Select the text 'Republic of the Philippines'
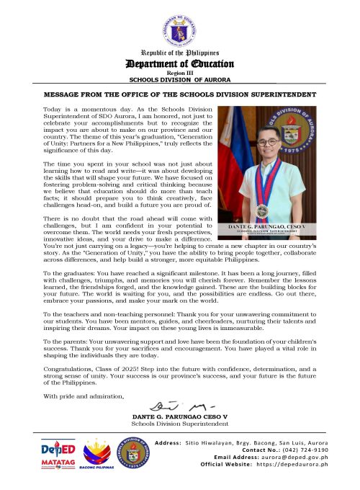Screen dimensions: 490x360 (x=179, y=54)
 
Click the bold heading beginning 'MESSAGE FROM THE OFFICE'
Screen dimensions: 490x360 (x=179, y=94)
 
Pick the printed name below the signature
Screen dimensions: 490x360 (x=179, y=417)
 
